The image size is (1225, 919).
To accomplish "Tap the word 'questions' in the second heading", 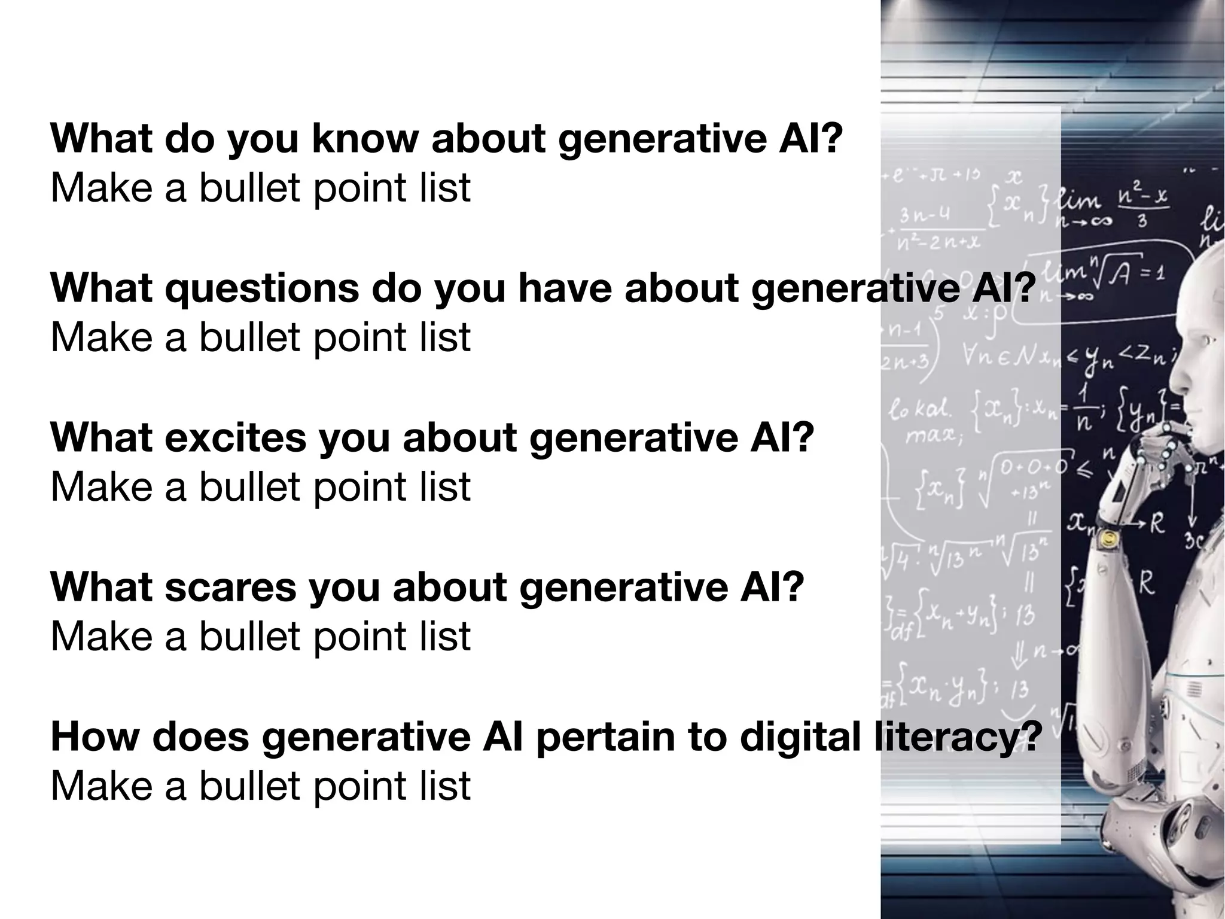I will [x=261, y=288].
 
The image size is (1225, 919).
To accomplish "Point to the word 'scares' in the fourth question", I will [x=230, y=587].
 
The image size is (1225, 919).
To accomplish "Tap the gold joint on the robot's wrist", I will [x=1110, y=539].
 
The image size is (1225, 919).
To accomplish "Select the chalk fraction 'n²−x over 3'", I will [x=1142, y=206].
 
